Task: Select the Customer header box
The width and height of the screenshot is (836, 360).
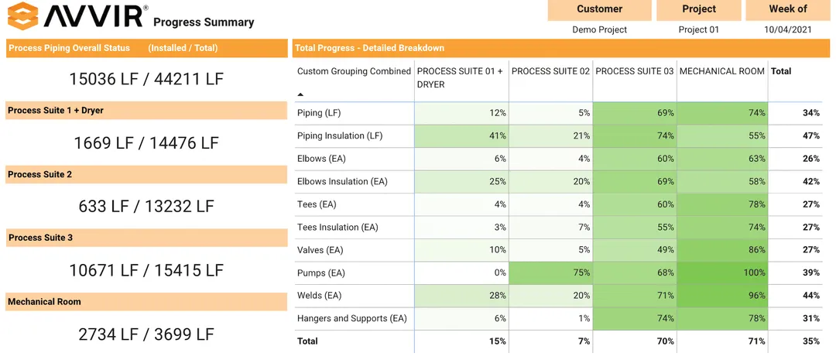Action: point(599,9)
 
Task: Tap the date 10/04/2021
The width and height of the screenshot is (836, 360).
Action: point(787,29)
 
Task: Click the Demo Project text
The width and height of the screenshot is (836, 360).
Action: point(599,29)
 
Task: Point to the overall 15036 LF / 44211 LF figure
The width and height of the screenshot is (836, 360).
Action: point(146,79)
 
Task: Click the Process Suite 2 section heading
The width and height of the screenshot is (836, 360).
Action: point(40,174)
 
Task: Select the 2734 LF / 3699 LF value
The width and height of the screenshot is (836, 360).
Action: point(146,334)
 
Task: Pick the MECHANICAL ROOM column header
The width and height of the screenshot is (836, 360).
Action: point(721,71)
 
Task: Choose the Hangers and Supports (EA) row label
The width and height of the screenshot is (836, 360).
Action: point(351,318)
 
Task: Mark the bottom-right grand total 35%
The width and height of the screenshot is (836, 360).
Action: point(810,341)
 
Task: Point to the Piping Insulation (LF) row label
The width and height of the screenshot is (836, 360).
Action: point(341,136)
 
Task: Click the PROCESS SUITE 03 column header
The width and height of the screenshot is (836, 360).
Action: point(634,71)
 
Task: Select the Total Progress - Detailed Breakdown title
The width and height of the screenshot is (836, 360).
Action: point(369,48)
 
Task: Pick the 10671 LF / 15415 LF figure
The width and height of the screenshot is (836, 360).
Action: point(146,270)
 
